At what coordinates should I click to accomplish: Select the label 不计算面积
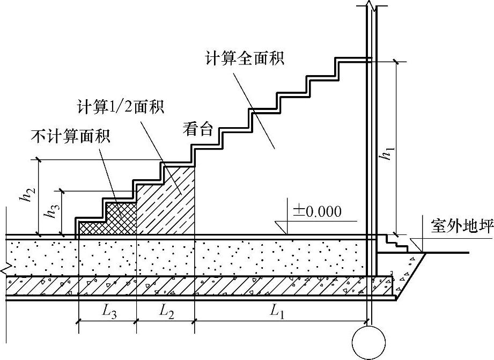tap(70, 136)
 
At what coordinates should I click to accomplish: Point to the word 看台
tap(198, 129)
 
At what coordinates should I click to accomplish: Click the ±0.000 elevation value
tap(316, 211)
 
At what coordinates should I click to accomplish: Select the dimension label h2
tap(26, 197)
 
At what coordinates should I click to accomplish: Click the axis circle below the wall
tap(368, 341)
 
